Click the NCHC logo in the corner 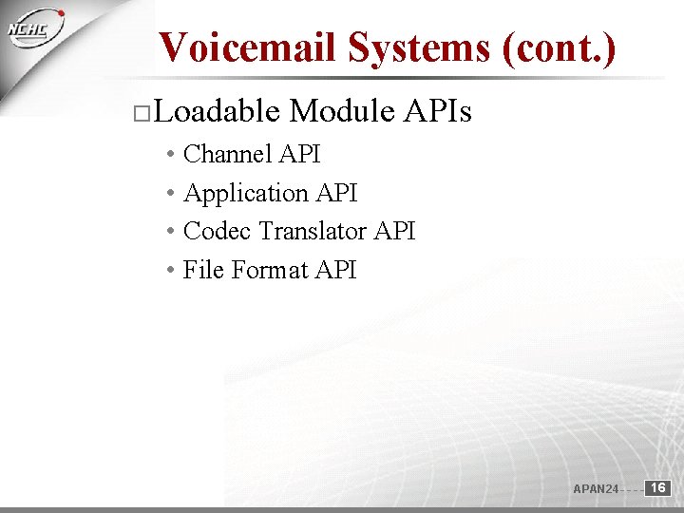coord(37,28)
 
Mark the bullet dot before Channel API coord(168,155)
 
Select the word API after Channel coord(303,154)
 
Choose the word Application coord(246,193)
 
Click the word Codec coord(218,231)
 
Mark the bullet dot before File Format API coord(168,271)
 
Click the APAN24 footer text coord(596,489)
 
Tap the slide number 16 coord(658,488)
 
